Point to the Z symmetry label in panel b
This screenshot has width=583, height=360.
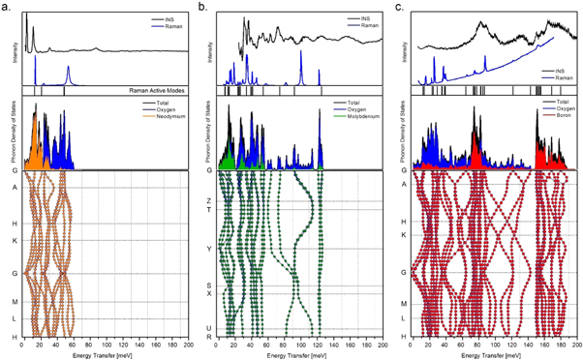tap(209, 200)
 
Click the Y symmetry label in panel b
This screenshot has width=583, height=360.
tap(209, 249)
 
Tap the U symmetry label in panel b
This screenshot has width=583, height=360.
tap(209, 327)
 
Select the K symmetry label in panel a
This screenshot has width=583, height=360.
tap(14, 240)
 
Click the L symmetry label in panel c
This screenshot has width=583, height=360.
tap(404, 318)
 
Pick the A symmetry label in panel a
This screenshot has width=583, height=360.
tap(14, 189)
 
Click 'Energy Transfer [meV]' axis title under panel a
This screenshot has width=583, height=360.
tap(104, 353)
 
